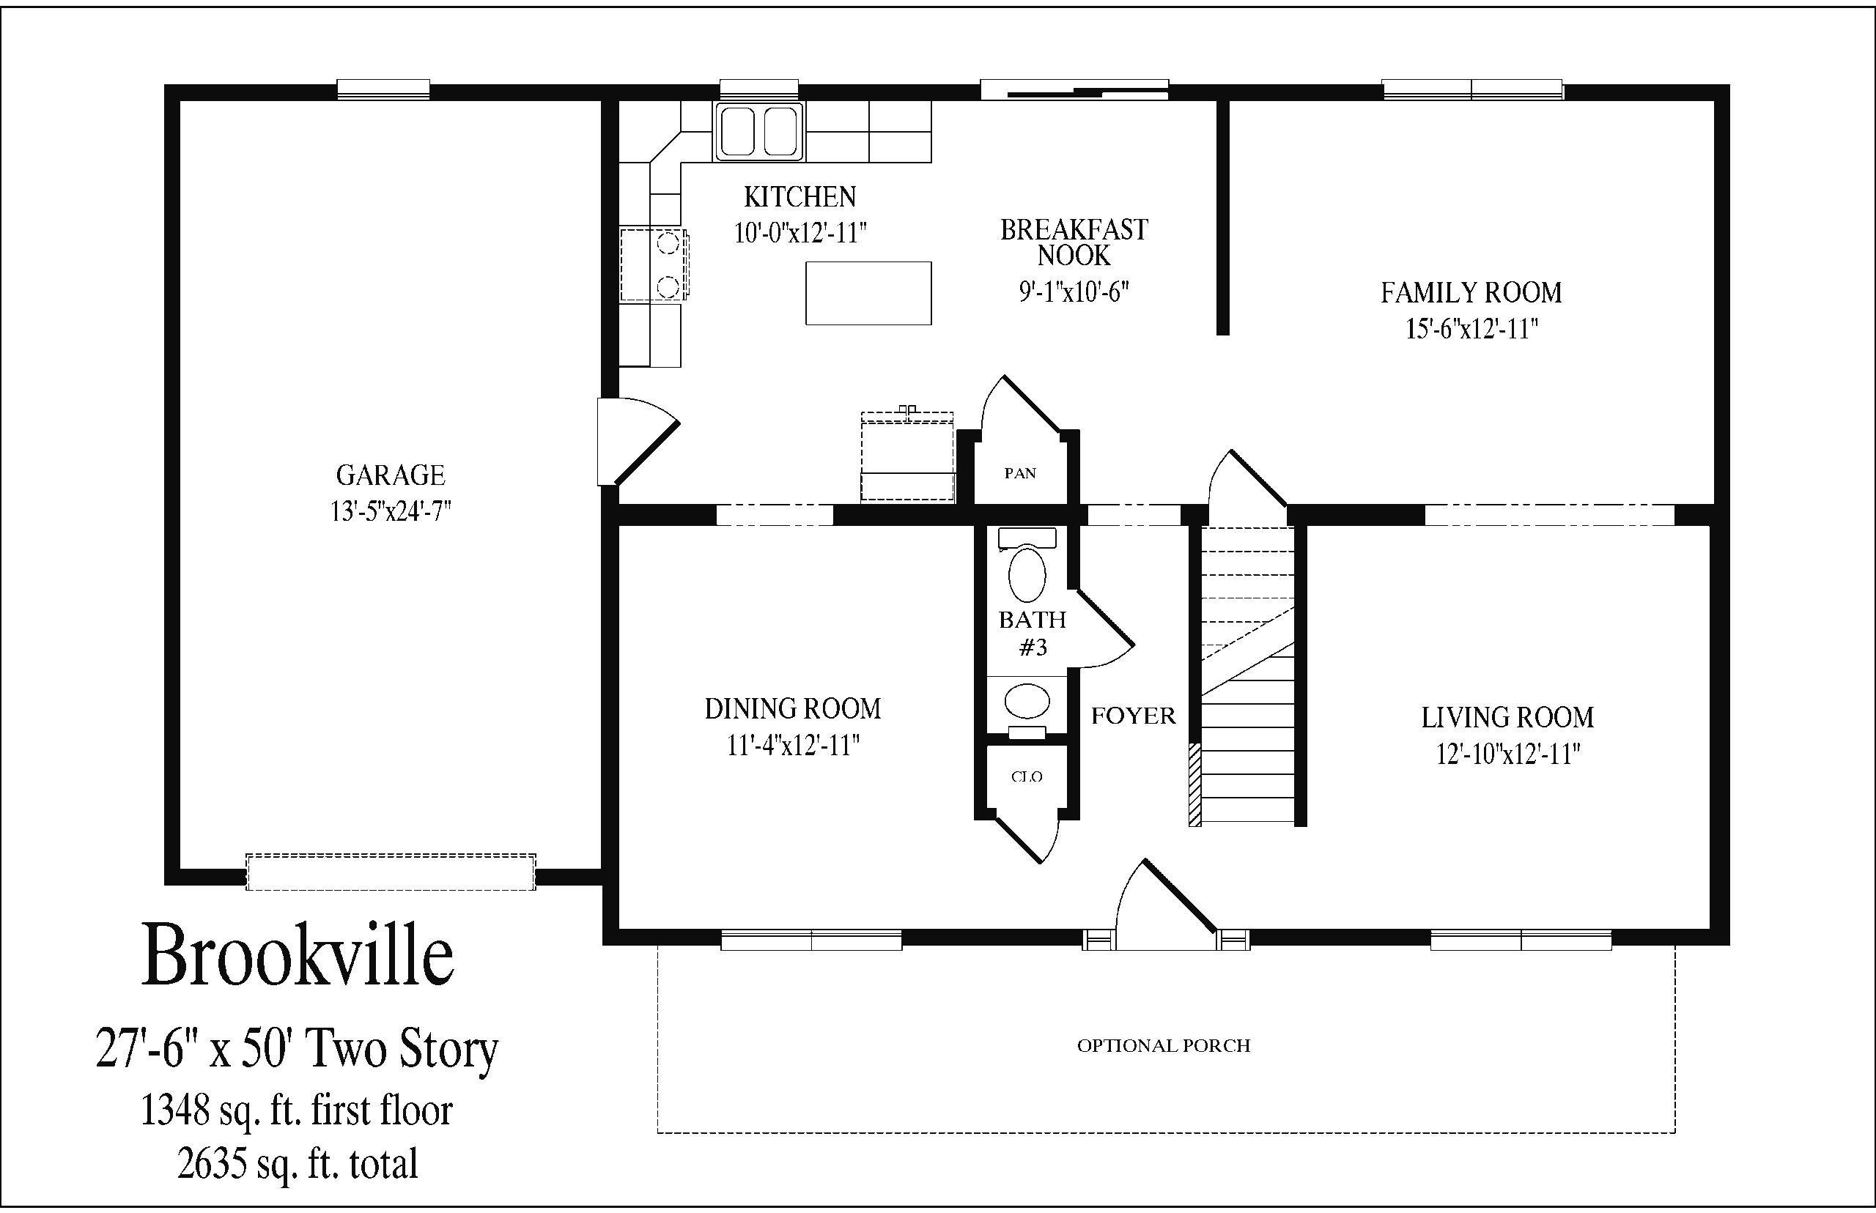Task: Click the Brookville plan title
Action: [298, 954]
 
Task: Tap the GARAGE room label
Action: [391, 475]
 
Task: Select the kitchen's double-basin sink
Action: [758, 132]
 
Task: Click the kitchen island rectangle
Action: [868, 293]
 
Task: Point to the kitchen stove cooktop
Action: [654, 264]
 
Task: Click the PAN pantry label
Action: [1020, 473]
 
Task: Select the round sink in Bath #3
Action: [1027, 701]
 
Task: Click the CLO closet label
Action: [1027, 776]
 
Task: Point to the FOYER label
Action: [1133, 716]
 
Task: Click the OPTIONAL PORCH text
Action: [1164, 1046]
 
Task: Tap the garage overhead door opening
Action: [391, 872]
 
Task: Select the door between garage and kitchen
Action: [638, 441]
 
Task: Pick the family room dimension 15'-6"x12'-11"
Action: [1471, 329]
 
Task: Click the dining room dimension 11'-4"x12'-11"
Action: [793, 745]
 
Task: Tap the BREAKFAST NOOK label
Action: [1074, 242]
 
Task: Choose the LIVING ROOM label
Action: [1507, 718]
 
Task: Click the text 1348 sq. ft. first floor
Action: [296, 1110]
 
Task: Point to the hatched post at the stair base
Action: [1194, 784]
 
